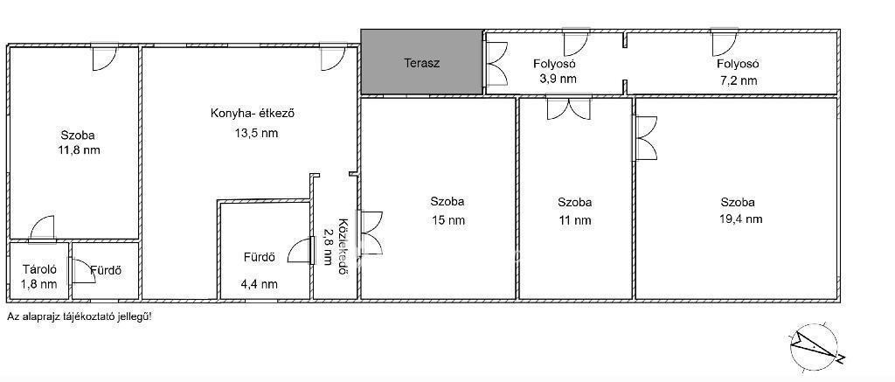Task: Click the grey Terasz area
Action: click(x=422, y=62)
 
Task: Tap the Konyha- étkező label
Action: click(x=253, y=114)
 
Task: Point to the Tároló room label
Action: click(x=38, y=269)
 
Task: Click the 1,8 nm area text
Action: click(x=39, y=284)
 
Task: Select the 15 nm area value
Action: click(x=447, y=219)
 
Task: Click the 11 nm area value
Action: click(x=575, y=220)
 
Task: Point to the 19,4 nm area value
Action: click(x=739, y=219)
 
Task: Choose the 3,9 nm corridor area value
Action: click(x=558, y=78)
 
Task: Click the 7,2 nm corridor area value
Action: click(x=739, y=80)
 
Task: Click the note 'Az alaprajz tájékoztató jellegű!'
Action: click(x=80, y=316)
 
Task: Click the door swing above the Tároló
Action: click(x=42, y=229)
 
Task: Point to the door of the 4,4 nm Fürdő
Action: click(x=302, y=251)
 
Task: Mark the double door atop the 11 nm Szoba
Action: click(x=569, y=108)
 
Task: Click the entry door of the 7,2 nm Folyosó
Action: click(x=725, y=44)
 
